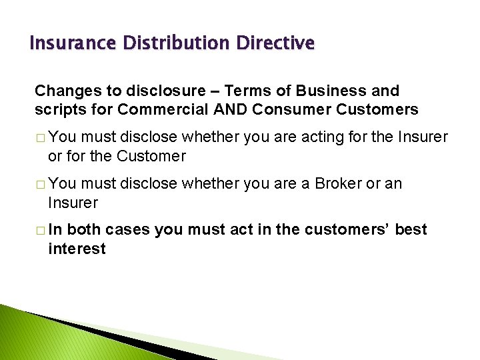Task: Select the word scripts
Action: tap(59, 109)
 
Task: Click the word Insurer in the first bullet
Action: tap(423, 137)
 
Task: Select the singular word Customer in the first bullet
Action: tap(151, 156)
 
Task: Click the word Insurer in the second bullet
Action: tap(73, 202)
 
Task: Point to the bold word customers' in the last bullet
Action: tap(346, 230)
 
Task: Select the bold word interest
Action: tap(77, 249)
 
